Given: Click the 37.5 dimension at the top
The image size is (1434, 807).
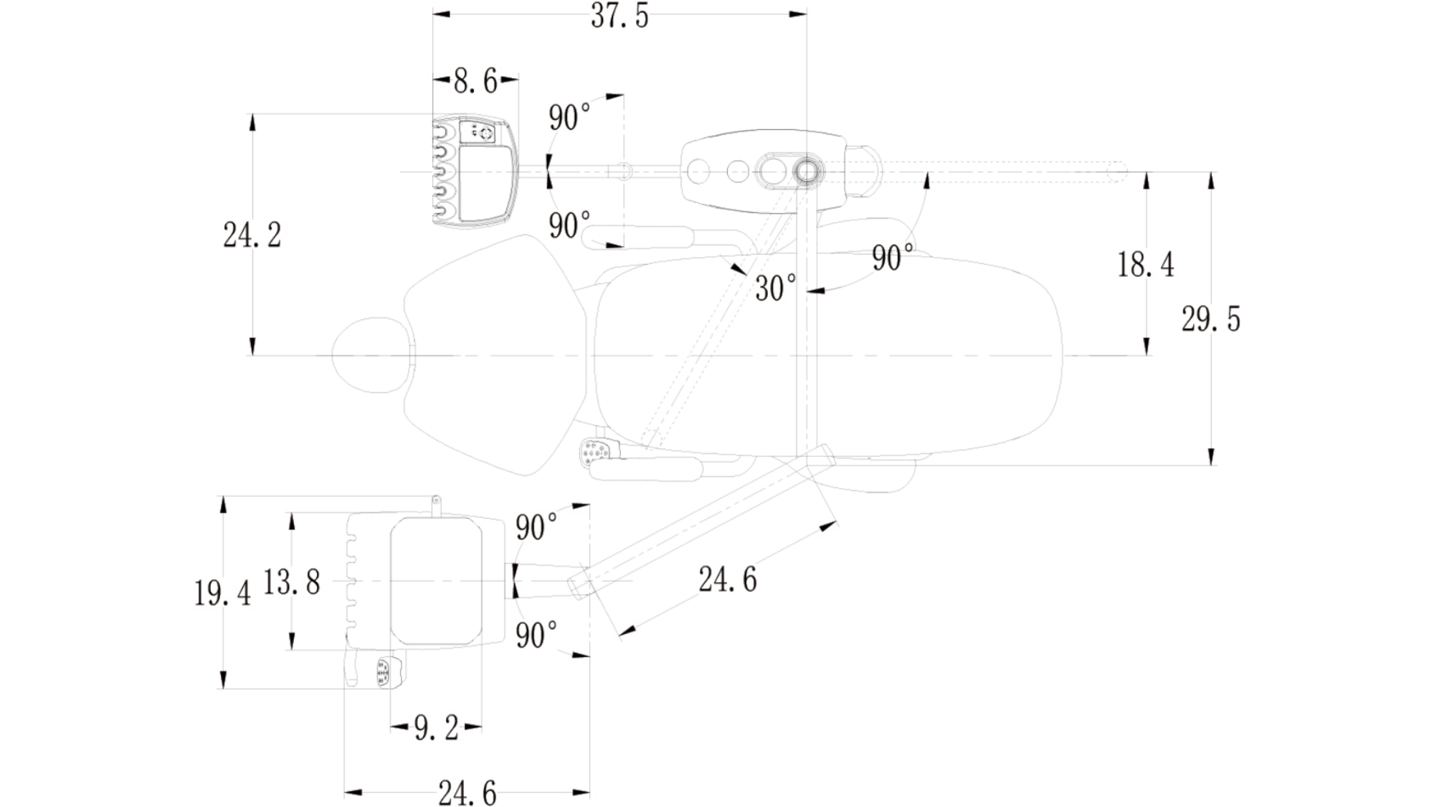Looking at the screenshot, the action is (619, 16).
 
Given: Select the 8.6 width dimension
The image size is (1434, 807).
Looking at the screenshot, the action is (475, 81).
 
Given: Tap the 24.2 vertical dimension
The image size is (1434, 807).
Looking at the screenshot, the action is (252, 235).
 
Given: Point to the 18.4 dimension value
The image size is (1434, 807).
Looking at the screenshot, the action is (1146, 265).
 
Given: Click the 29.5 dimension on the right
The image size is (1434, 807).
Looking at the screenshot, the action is (1211, 319).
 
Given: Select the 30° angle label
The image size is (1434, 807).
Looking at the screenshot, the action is (776, 288).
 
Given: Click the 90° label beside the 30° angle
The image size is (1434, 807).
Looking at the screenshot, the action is (893, 258).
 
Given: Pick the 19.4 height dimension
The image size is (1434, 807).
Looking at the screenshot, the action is (222, 593).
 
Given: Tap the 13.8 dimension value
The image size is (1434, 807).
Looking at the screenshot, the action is (291, 582).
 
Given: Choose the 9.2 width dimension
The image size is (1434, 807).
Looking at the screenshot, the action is (436, 728).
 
